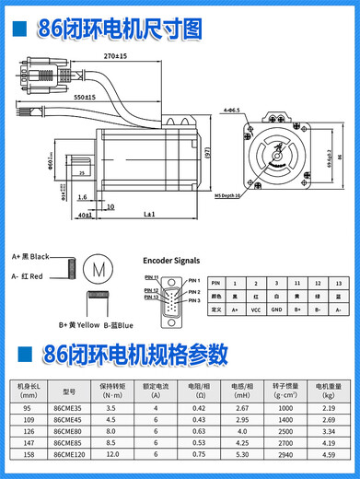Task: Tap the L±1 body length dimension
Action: click(x=148, y=214)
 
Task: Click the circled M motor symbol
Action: click(x=96, y=271)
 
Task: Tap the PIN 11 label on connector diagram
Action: click(x=152, y=277)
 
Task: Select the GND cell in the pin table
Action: click(x=276, y=310)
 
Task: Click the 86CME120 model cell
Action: click(x=73, y=454)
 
